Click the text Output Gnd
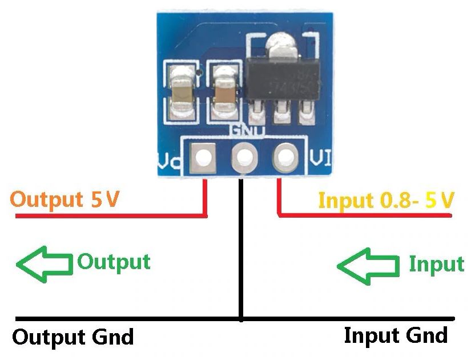73,337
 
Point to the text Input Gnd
396,335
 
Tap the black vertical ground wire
241,251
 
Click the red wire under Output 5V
108,216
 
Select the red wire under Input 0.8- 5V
365,215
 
